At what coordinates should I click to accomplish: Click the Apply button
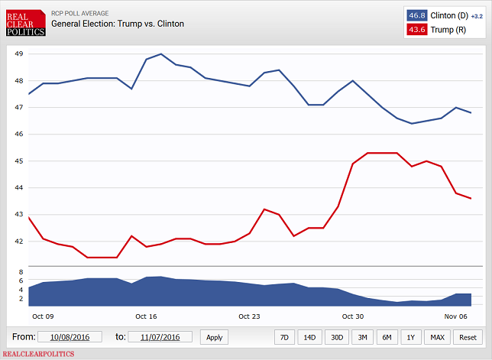[215, 337]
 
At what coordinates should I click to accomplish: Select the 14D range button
[309, 337]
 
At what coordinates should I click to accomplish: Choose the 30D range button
[335, 337]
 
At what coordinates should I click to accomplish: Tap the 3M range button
[361, 337]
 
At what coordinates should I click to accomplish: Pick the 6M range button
[387, 337]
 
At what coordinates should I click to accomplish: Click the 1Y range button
[412, 337]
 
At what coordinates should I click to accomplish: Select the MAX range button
[438, 337]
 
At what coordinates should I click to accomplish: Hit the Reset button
[466, 337]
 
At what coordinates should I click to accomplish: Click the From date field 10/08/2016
[70, 337]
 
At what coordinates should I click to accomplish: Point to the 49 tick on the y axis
[19, 54]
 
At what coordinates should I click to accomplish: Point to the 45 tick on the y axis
[19, 161]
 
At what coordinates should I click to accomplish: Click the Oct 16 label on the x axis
[146, 316]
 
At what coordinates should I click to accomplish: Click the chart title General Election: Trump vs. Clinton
[118, 24]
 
